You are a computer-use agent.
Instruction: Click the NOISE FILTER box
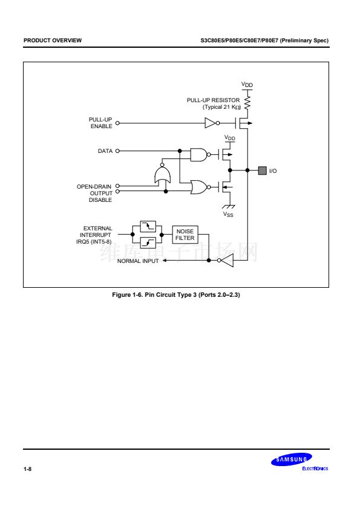coord(185,235)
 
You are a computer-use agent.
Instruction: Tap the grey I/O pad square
coord(262,170)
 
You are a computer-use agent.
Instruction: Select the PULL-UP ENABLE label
coord(100,123)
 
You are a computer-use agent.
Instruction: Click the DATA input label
coord(105,151)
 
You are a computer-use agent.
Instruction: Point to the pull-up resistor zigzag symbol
coord(247,102)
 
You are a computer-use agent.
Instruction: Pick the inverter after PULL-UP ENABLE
coord(212,123)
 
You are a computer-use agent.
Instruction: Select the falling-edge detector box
coord(148,226)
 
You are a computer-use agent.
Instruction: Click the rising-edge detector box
coord(148,242)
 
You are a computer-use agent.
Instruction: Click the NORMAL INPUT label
coord(138,261)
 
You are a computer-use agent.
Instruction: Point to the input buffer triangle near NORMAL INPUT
coord(226,261)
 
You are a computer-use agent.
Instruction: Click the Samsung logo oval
coord(292,459)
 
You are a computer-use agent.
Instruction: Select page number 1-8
coord(28,468)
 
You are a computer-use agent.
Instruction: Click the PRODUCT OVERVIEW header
coord(53,41)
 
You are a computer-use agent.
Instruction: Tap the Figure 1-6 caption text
coord(176,295)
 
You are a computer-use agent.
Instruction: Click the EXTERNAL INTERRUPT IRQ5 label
coord(94,235)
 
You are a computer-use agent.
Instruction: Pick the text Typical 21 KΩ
coord(222,107)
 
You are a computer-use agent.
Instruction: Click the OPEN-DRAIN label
coord(94,187)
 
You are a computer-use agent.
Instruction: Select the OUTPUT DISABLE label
coord(100,196)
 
